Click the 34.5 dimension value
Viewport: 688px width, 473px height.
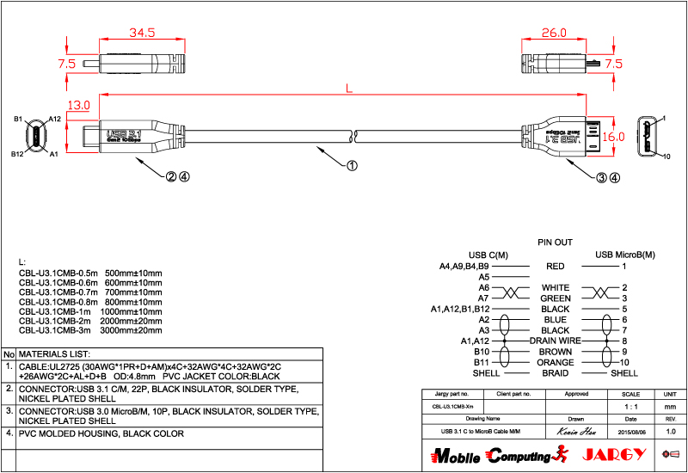pyautogui.click(x=141, y=34)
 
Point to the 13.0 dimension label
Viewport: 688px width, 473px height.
pyautogui.click(x=78, y=106)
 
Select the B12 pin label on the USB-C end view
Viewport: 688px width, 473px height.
pyautogui.click(x=17, y=154)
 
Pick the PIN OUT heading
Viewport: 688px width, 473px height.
pyautogui.click(x=555, y=243)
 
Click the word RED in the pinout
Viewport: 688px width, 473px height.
pyautogui.click(x=555, y=267)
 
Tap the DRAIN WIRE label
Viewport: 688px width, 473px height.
pyautogui.click(x=556, y=341)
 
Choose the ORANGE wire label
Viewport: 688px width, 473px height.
pyautogui.click(x=556, y=363)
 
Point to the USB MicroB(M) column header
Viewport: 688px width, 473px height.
pyautogui.click(x=624, y=255)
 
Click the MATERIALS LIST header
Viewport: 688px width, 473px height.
pyautogui.click(x=55, y=353)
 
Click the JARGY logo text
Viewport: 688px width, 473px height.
pyautogui.click(x=610, y=454)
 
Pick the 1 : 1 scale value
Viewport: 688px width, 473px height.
pyautogui.click(x=630, y=405)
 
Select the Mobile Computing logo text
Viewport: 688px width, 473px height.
pyautogui.click(x=491, y=455)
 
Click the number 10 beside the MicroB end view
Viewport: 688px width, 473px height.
pyautogui.click(x=667, y=156)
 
